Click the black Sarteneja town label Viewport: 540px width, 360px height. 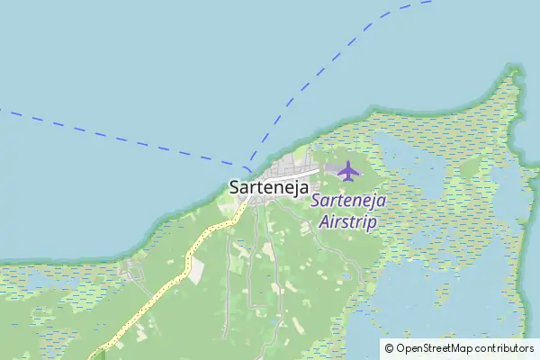pos(269,188)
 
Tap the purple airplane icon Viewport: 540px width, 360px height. pos(348,170)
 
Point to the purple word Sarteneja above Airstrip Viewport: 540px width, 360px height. pos(348,201)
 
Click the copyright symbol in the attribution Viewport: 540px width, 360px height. pos(389,347)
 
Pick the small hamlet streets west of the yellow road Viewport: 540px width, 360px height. pos(135,270)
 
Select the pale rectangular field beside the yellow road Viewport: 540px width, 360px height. pos(197,273)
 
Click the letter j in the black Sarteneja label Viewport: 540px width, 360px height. pos(292,189)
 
